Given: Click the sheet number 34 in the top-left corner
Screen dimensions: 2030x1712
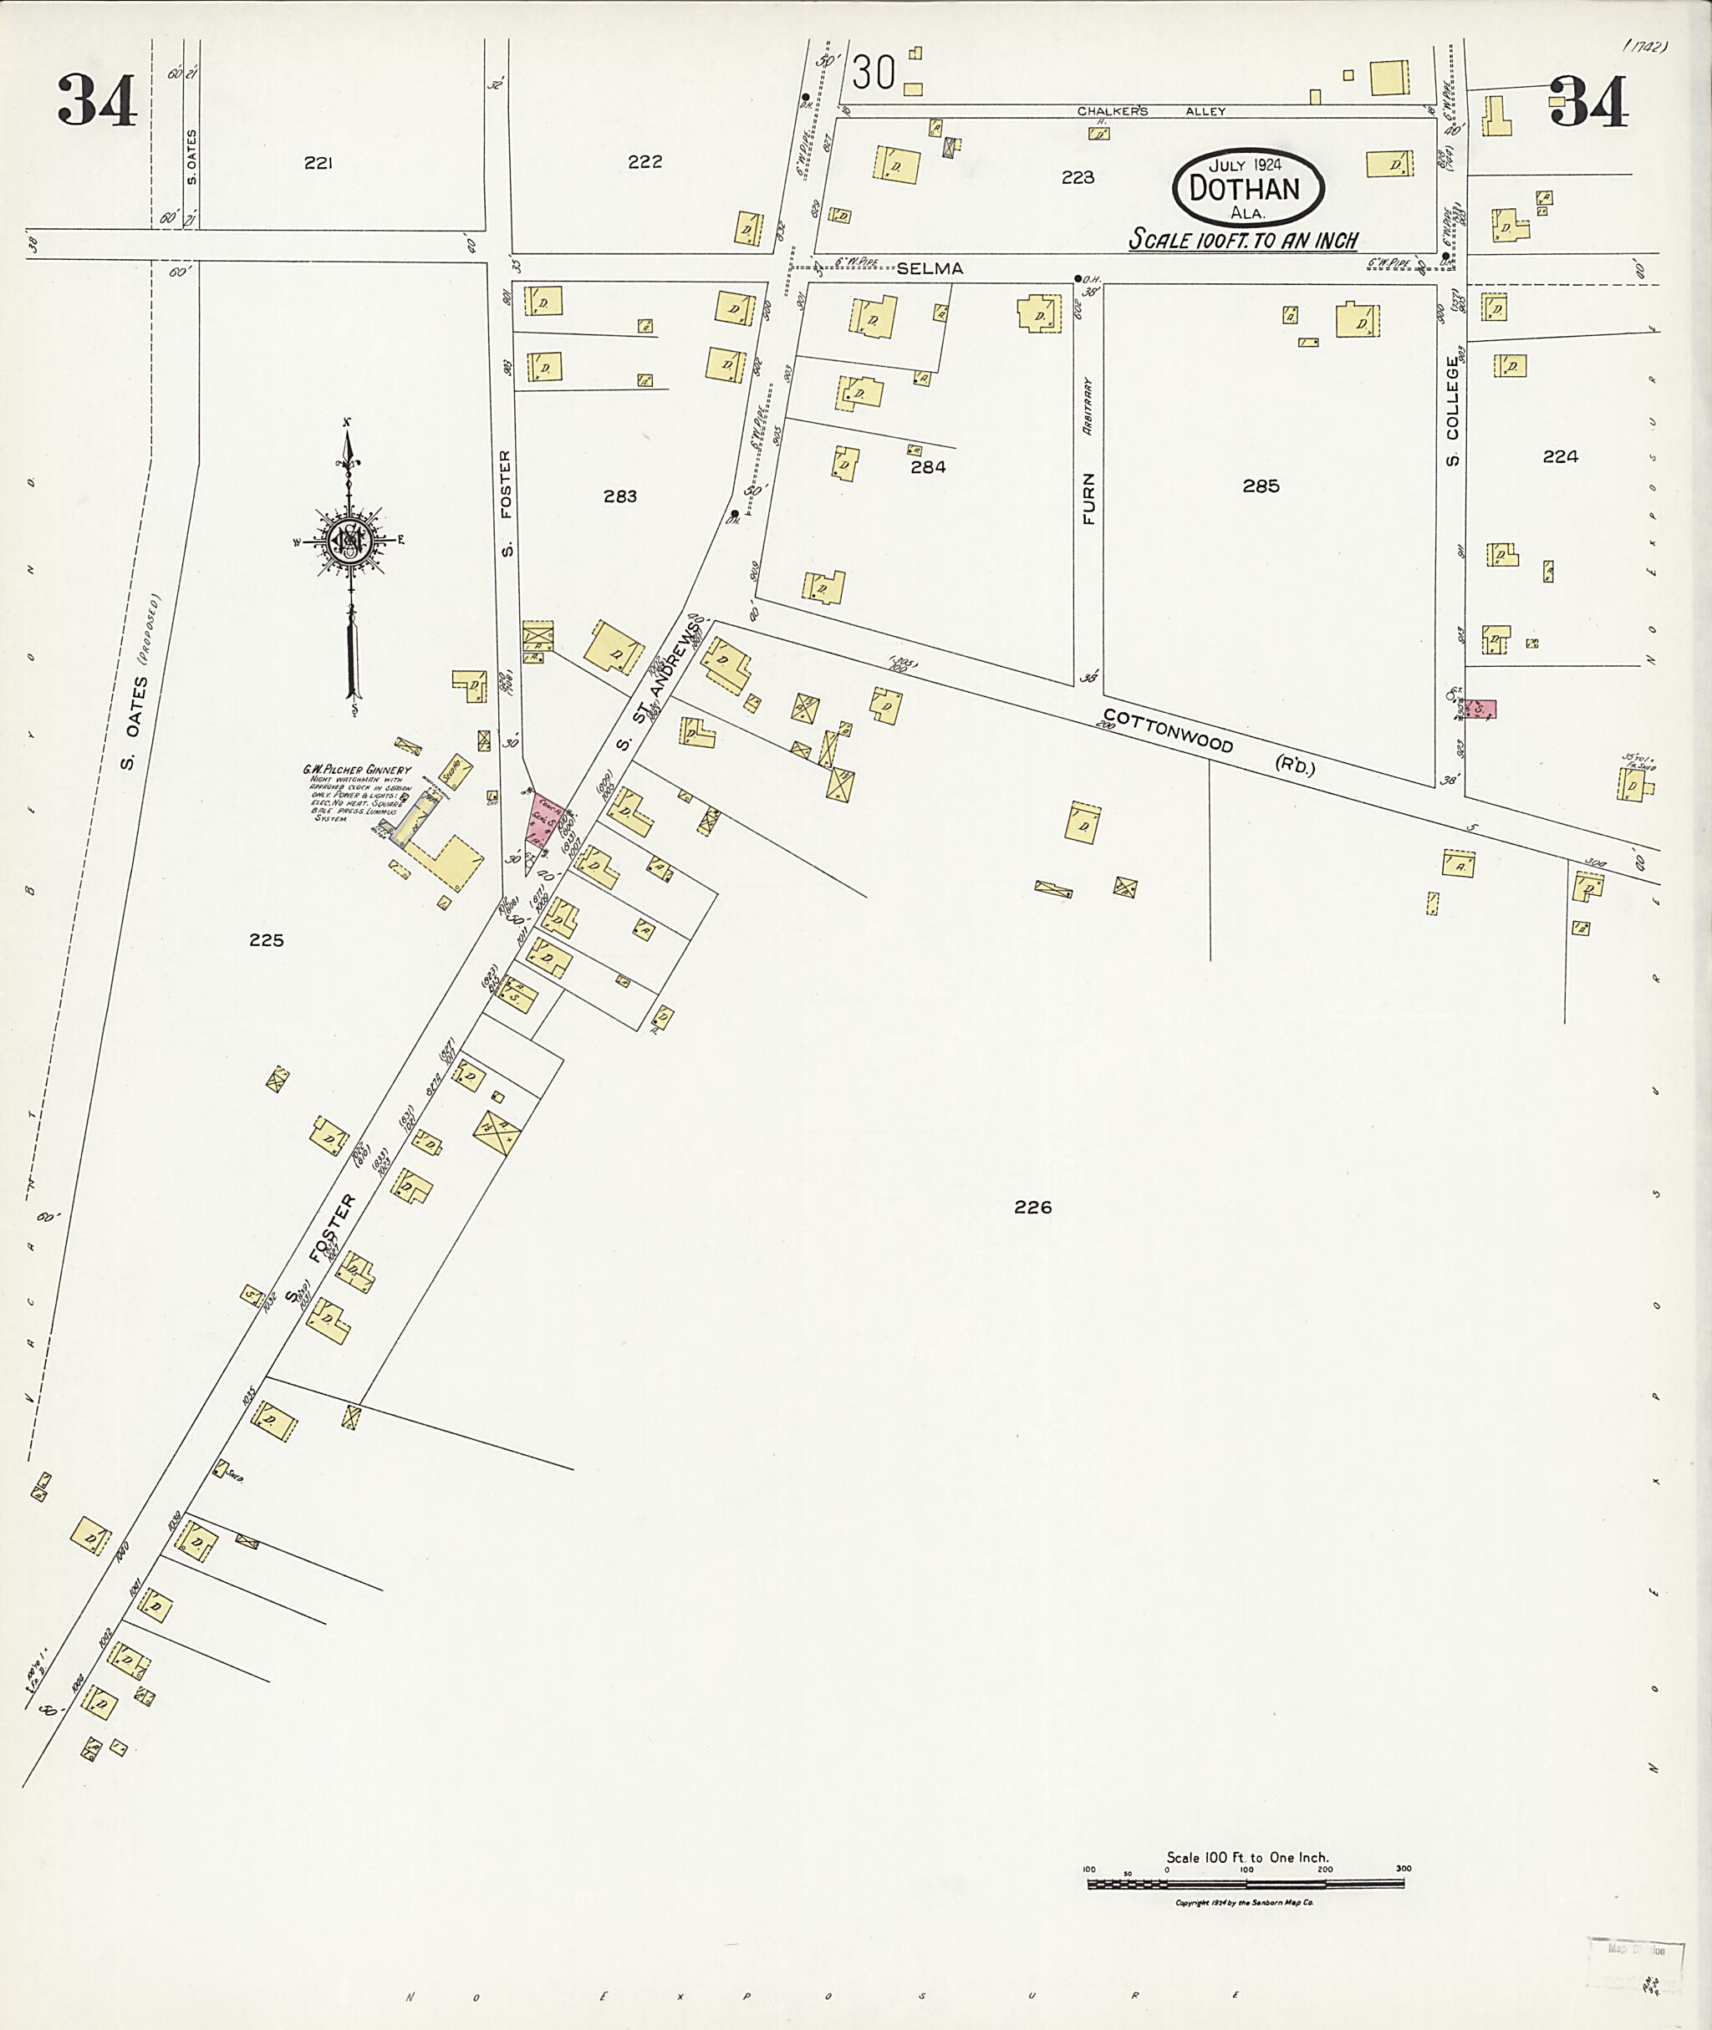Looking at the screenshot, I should point(97,101).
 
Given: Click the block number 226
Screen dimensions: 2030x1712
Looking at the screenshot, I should point(1032,1207).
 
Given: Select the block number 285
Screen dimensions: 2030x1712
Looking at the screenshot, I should point(1261,486).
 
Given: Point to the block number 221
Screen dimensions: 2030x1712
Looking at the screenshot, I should point(318,163).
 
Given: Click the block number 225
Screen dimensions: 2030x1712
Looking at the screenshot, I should point(266,939).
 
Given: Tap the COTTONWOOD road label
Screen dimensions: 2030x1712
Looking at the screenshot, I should point(1168,730).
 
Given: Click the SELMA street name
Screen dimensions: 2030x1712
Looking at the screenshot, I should point(929,269).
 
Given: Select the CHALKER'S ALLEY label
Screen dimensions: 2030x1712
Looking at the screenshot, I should point(1151,110).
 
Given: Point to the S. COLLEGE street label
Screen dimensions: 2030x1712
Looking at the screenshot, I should point(1453,410).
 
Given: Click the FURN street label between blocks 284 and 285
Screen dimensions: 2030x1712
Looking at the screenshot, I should point(1089,499).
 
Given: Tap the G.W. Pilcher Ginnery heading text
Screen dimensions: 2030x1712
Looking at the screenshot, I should point(356,770).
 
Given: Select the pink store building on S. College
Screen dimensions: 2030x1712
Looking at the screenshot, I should point(1480,710).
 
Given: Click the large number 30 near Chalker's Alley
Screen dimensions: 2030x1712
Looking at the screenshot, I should point(874,73).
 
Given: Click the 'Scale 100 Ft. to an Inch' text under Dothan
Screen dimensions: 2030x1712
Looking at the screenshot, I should point(1242,240).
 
